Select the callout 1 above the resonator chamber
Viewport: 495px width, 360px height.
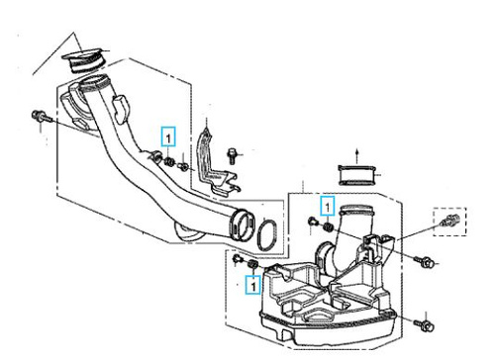click(328, 206)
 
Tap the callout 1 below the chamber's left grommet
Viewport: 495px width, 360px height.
click(253, 285)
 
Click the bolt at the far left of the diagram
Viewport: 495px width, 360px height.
click(42, 116)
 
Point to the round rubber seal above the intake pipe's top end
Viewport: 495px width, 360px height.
click(83, 60)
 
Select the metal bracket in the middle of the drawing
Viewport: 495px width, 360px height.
click(216, 166)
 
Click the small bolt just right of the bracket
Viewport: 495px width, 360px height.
click(233, 155)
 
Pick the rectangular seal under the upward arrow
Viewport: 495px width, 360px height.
click(357, 175)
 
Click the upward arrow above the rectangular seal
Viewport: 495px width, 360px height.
click(356, 156)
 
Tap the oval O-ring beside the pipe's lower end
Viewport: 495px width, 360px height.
click(267, 234)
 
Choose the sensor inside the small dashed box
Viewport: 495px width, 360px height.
click(449, 221)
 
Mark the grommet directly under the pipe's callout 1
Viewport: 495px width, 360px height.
click(169, 162)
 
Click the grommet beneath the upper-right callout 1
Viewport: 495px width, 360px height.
click(328, 226)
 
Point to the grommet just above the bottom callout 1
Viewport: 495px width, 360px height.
click(252, 264)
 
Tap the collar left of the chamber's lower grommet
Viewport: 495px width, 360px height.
click(237, 259)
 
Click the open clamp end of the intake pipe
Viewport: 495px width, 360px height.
click(243, 224)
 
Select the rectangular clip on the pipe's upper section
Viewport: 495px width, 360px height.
click(121, 108)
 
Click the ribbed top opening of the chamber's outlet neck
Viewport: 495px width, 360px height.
click(356, 209)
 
